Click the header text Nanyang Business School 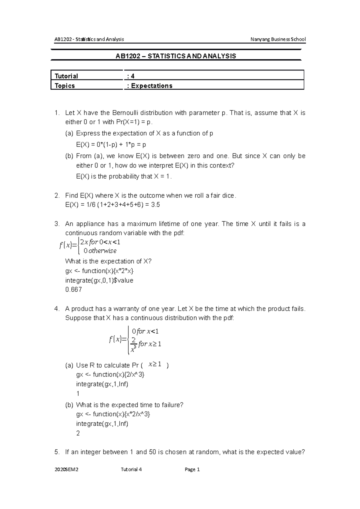[x=278, y=39]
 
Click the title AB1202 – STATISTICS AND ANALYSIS [x=176, y=56]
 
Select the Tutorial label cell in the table [x=66, y=76]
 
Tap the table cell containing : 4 [x=131, y=76]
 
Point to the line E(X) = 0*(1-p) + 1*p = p [x=111, y=145]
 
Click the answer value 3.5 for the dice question [x=156, y=205]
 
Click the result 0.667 [x=73, y=290]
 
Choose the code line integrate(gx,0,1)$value [x=99, y=281]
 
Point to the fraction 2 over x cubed [x=134, y=344]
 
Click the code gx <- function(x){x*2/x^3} [x=113, y=414]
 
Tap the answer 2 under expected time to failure [x=78, y=433]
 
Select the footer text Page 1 [x=192, y=470]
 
